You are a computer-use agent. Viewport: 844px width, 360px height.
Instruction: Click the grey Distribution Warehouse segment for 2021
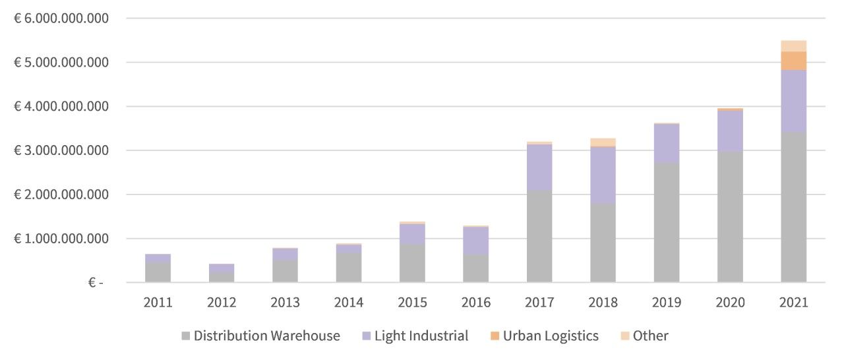[793, 207]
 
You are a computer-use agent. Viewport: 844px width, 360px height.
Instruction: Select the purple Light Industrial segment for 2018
[603, 175]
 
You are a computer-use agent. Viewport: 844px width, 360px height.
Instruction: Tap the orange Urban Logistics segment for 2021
[793, 61]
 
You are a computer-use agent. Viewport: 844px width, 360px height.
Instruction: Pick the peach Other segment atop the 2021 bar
[793, 45]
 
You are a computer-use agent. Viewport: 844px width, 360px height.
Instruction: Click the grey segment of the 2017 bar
[539, 236]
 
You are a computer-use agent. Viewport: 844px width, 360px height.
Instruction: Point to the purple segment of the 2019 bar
[666, 143]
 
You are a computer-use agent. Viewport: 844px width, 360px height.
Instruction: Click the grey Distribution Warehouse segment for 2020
[730, 217]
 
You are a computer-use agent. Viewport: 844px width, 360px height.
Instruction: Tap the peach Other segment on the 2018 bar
[603, 142]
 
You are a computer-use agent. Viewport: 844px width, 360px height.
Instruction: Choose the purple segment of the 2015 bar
[411, 234]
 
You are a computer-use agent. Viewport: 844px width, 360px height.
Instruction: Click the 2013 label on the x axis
[285, 303]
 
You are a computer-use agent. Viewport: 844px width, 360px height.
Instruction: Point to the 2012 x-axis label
[222, 303]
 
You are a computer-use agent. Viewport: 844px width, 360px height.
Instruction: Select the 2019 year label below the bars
[666, 303]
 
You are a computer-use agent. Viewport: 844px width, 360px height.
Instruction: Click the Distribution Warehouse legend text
[266, 336]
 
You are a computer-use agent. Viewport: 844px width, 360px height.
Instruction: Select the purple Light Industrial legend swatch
[367, 336]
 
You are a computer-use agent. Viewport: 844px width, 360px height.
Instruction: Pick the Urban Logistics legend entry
[550, 336]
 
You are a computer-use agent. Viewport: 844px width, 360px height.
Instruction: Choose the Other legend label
[650, 336]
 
